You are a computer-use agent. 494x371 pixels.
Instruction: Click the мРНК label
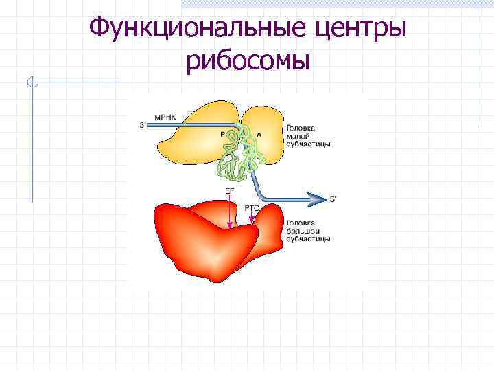pos(165,117)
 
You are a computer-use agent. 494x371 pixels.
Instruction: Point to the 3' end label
pos(142,125)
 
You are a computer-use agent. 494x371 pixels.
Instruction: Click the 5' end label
pos(333,199)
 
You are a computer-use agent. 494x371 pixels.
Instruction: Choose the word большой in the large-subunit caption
pos(301,231)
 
